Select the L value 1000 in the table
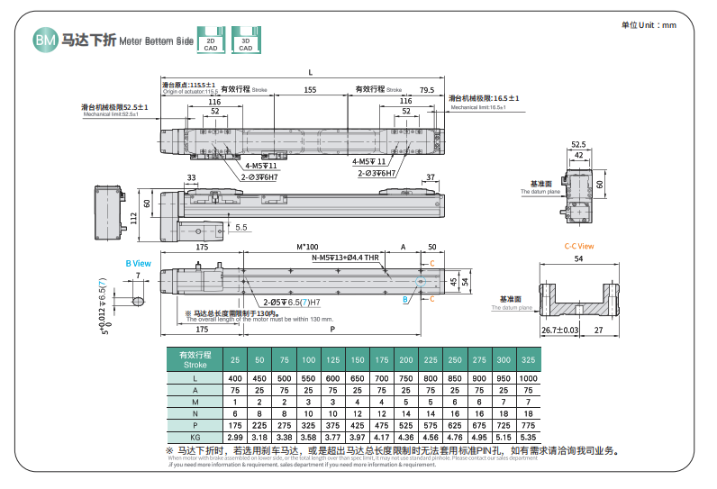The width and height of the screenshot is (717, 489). [x=529, y=378]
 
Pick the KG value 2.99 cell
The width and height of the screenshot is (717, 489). [x=234, y=437]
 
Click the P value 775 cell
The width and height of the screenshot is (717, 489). [x=529, y=422]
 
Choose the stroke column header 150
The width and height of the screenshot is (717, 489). [x=357, y=358]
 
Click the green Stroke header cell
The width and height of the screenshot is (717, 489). [x=194, y=358]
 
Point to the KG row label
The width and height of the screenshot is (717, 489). [x=194, y=437]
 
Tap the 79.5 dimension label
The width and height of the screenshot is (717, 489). [x=427, y=90]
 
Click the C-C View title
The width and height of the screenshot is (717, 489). [x=579, y=245]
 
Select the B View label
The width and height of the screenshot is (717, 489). [x=138, y=263]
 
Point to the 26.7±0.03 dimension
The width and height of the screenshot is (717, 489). [x=560, y=331]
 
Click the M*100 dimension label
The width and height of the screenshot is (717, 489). [x=307, y=246]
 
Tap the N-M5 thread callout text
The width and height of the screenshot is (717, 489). [x=345, y=258]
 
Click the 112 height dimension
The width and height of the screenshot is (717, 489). [x=132, y=215]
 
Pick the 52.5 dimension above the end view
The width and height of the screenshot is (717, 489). [x=577, y=144]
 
